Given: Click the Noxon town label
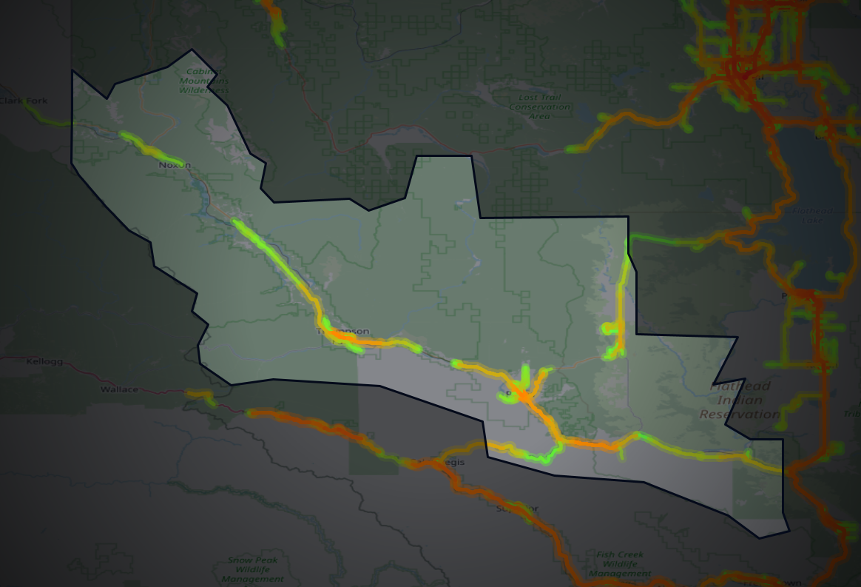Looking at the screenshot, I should (175, 165).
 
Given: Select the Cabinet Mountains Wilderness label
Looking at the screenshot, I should (203, 80).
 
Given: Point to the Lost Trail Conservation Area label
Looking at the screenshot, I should (539, 107).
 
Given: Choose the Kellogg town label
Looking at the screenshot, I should (44, 362).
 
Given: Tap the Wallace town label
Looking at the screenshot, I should (119, 389).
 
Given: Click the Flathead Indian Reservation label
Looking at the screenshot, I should (740, 400).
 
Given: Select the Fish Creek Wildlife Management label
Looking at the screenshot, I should (620, 563).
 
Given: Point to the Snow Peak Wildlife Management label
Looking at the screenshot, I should (252, 569).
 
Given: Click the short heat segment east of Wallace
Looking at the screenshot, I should (201, 396).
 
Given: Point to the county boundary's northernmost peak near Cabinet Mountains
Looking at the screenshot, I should (192, 50).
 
